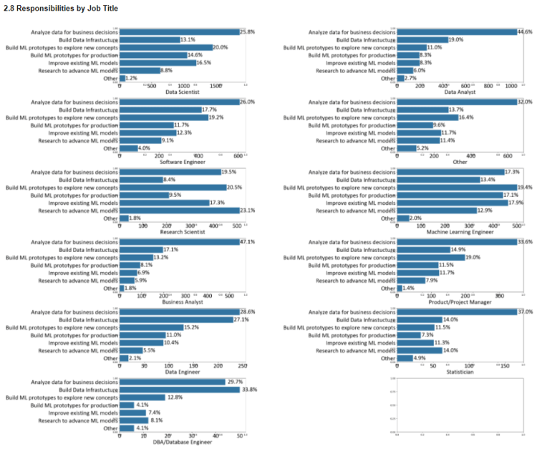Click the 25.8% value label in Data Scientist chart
tap(247, 32)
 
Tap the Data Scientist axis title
tap(183, 92)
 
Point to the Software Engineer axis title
tap(183, 162)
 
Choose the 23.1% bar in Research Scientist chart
tap(179, 211)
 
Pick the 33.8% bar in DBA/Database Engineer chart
tap(181, 390)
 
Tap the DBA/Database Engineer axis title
tap(183, 443)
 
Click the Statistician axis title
tap(459, 372)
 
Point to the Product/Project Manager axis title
tap(459, 302)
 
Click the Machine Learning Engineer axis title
tap(459, 232)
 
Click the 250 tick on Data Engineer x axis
tap(242, 365)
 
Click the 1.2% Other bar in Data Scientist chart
tap(122, 78)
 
